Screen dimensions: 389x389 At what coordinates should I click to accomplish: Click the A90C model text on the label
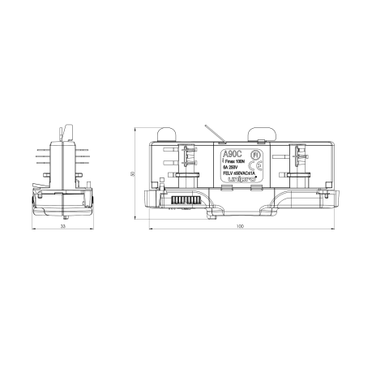(x=231, y=152)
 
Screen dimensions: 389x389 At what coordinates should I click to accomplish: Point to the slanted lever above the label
(x=212, y=133)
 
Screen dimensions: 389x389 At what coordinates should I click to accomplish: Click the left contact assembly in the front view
(x=188, y=160)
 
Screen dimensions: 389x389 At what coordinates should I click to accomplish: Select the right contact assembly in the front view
(x=300, y=160)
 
